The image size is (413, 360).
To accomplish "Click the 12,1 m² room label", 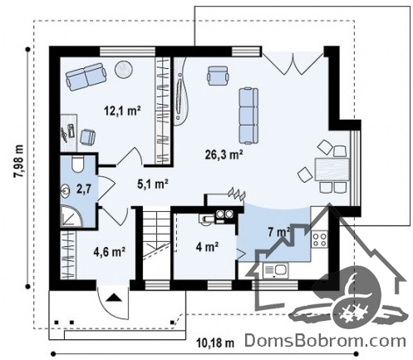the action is point(122,111).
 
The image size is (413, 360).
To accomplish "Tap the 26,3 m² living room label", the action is point(224,155).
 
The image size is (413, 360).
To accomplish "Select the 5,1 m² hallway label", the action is point(153,184).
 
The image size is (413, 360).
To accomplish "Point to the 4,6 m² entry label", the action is point(110,252).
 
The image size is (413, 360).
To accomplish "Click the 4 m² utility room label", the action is point(207,247).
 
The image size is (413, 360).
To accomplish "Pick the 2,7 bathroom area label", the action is point(84,190).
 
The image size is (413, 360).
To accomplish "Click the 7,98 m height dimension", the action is point(19,161).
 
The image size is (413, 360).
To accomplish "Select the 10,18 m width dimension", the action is point(215,343).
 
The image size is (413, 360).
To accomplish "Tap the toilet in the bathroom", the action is point(77,164).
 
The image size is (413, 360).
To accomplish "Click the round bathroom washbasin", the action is point(66,191).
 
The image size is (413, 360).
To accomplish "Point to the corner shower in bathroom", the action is point(71,216).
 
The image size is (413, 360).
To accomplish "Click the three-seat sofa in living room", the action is point(248,116).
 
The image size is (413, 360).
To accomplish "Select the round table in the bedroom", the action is point(124,69).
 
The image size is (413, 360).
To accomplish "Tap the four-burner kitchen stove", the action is point(320,239).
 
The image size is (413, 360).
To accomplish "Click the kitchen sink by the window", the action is point(276,271).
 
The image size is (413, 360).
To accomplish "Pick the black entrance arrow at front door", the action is point(114,298).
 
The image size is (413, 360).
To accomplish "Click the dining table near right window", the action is point(332,169).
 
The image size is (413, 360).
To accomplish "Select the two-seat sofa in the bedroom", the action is point(86,76).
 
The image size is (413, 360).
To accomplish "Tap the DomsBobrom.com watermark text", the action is point(325,341).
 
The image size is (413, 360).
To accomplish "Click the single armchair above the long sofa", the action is point(218,75).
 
